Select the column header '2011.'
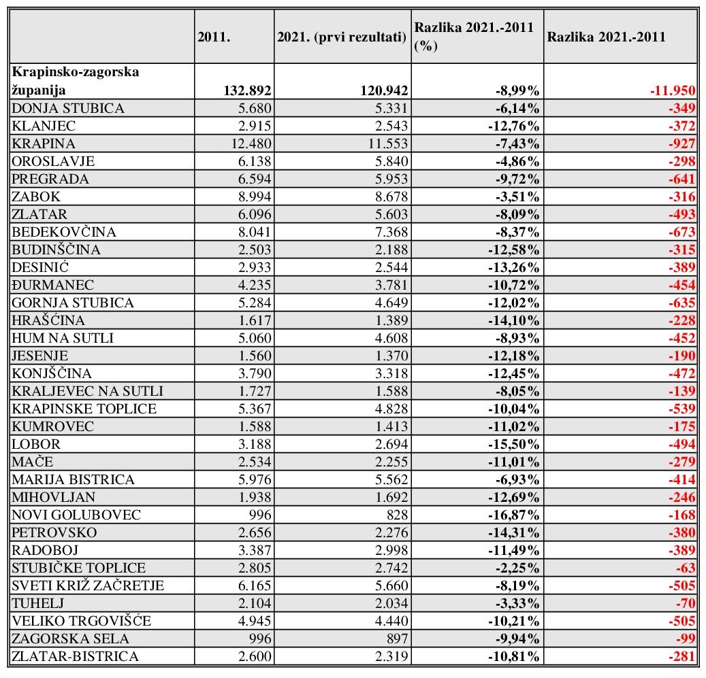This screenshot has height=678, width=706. tap(214, 39)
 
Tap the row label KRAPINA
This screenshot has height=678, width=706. tap(43, 143)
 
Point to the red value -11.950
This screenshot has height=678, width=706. tap(669, 90)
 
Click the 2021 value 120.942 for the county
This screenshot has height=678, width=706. tap(379, 90)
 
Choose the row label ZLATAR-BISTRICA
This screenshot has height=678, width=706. tap(76, 656)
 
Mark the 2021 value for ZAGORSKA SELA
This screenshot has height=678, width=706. tap(393, 639)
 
